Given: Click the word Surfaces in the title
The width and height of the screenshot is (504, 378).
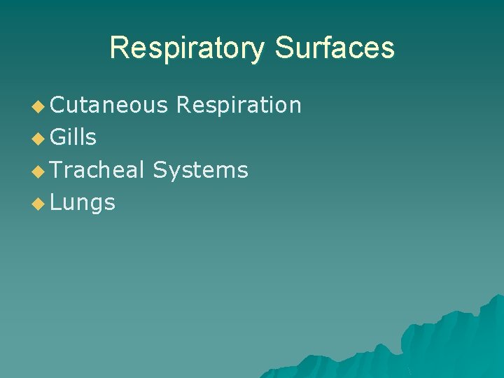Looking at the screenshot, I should coord(335,48).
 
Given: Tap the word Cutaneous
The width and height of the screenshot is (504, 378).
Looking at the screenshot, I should coord(109,105).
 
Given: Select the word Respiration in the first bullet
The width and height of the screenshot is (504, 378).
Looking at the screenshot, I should coord(239,105).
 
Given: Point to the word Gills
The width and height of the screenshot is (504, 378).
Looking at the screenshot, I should coord(73,137).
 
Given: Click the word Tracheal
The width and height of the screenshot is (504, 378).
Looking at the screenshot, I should coord(97,169).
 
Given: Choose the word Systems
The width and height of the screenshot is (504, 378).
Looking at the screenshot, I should coord(200,169).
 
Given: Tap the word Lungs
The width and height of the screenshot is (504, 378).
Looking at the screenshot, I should coord(83,202).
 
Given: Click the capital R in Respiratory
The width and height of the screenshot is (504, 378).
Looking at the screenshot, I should coord(119,48).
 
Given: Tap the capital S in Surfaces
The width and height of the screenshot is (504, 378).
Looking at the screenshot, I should coord(284,48).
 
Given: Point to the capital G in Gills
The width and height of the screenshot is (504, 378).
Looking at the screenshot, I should coord(58,137).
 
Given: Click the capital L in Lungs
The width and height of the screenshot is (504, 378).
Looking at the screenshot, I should coord(56,202).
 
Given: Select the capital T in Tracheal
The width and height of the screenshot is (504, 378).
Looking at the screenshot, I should coord(57,169).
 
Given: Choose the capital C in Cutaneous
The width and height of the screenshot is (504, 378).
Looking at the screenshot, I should coord(58,105).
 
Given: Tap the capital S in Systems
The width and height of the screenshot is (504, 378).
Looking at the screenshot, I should coord(160,169).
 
